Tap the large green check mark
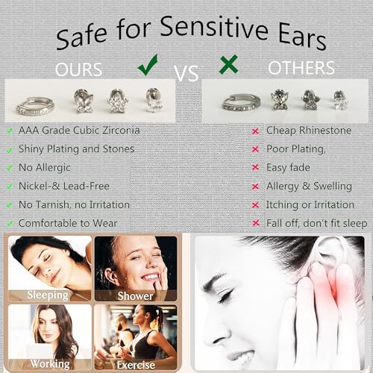tap(147, 66)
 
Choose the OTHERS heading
tap(301, 69)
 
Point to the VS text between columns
tap(186, 72)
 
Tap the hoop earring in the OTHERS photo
tap(241, 102)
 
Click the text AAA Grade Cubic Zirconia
tap(79, 131)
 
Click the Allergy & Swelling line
tap(309, 186)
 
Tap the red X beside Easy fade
tap(256, 168)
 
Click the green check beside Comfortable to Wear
tap(9, 223)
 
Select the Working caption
tap(49, 364)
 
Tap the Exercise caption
tap(136, 365)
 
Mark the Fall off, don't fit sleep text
tap(316, 223)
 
